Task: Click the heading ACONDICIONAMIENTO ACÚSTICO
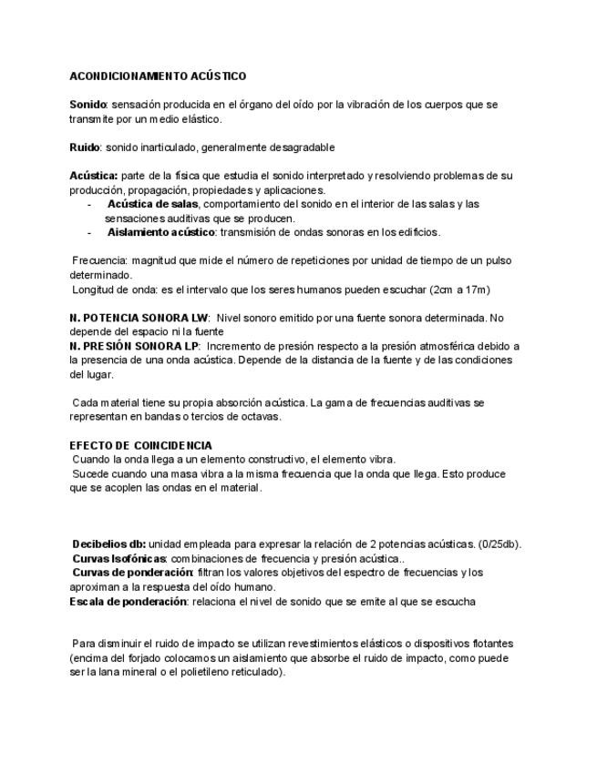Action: point(158,76)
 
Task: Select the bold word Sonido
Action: point(88,105)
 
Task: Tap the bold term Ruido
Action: point(85,147)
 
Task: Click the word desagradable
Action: point(300,147)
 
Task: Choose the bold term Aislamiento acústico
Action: point(160,232)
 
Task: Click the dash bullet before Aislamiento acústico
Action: point(89,232)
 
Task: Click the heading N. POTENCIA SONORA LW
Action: point(139,318)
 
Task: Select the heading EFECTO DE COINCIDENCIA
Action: point(140,445)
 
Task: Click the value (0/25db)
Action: point(499,544)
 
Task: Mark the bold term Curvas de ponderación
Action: point(132,573)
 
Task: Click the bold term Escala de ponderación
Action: point(129,601)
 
